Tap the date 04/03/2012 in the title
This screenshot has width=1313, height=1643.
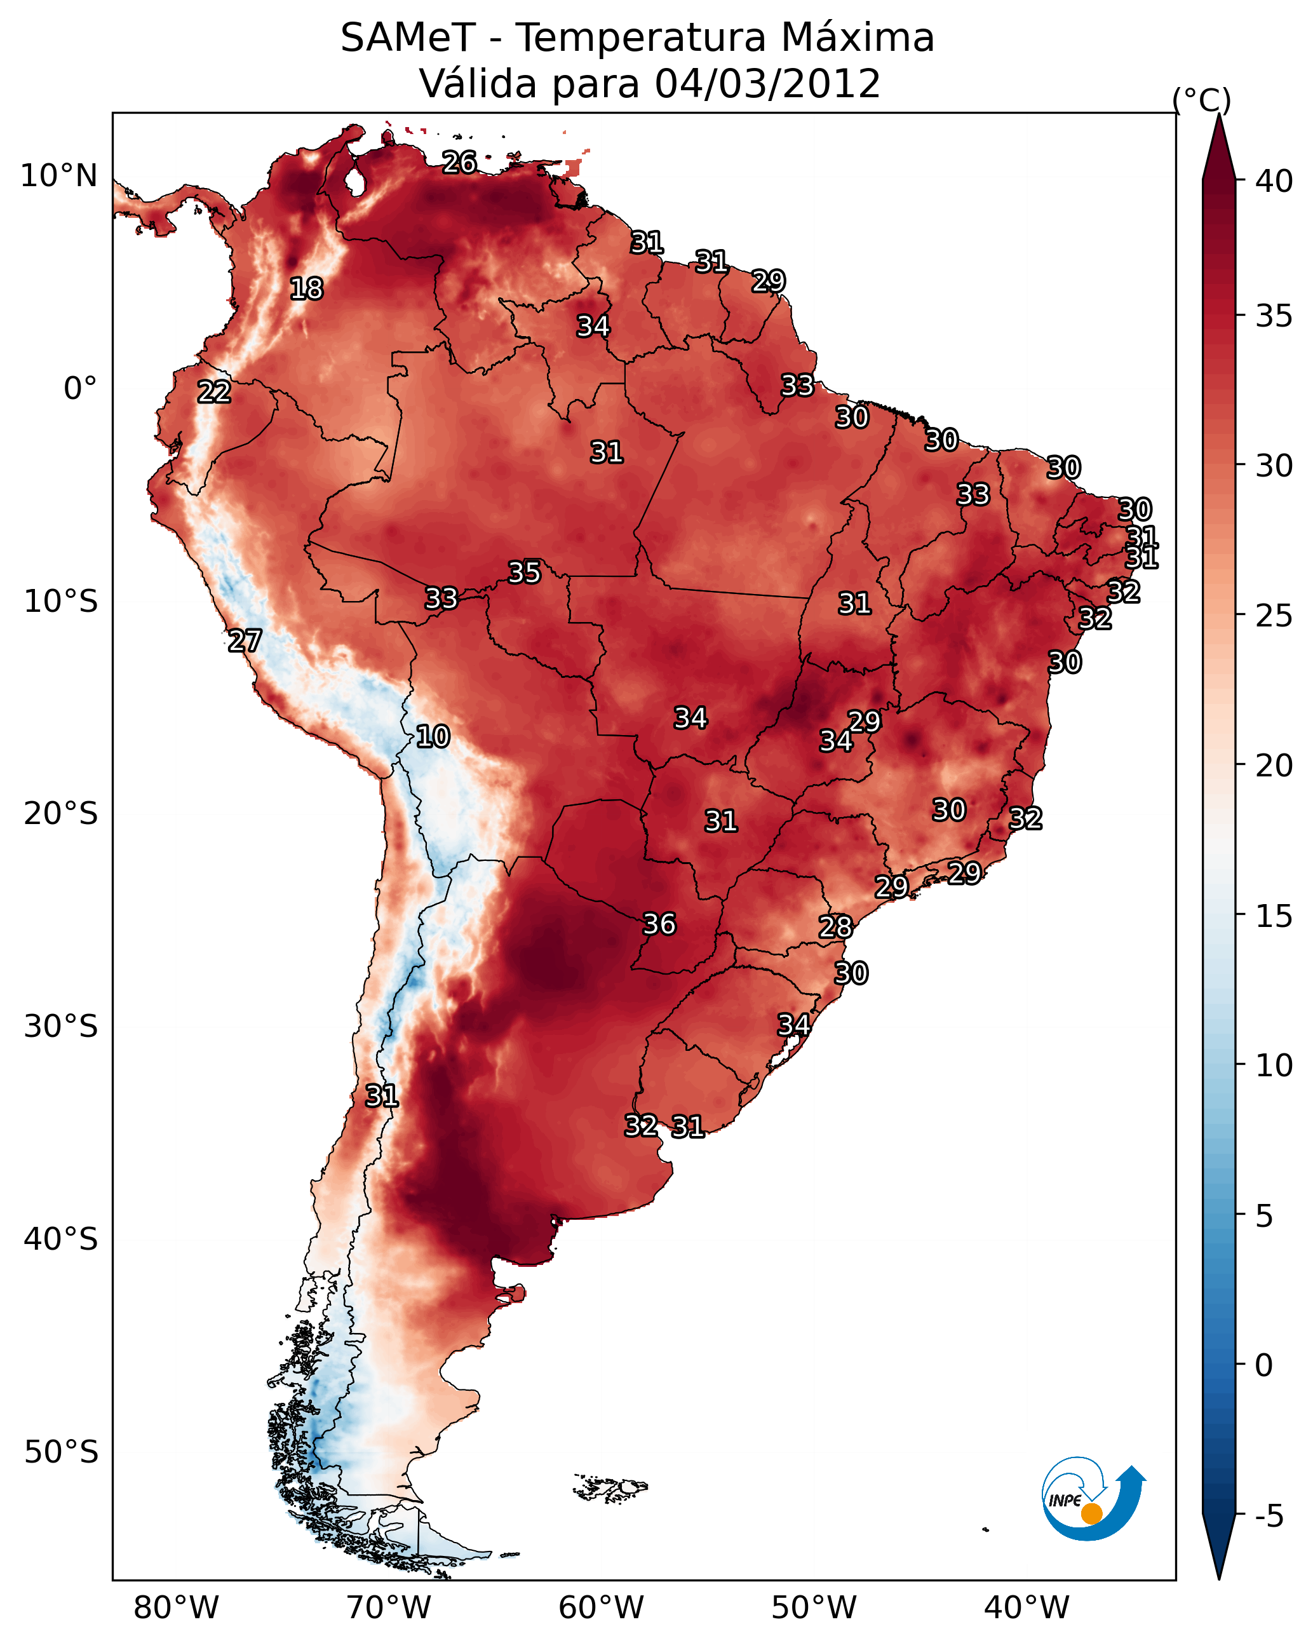point(767,84)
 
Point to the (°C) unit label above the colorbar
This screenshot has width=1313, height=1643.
point(1201,100)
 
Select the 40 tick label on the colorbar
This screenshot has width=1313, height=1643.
point(1274,181)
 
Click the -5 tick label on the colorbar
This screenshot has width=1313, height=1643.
point(1269,1517)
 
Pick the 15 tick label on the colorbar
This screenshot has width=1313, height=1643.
point(1274,916)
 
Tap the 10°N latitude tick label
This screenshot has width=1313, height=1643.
point(58,176)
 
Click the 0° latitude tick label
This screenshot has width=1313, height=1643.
point(80,389)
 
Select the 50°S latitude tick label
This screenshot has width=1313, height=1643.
point(61,1452)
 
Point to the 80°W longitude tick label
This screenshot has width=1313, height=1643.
point(176,1608)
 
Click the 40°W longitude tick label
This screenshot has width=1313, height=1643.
point(1027,1608)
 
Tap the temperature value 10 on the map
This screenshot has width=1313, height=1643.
point(433,737)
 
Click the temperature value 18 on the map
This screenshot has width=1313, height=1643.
point(306,289)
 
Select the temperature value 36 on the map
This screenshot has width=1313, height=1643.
point(659,924)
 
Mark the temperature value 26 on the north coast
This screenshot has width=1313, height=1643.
point(459,162)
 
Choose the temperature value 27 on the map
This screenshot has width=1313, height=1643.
point(245,641)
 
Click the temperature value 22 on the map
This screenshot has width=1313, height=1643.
point(214,393)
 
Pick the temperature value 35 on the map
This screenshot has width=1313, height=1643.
point(524,572)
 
